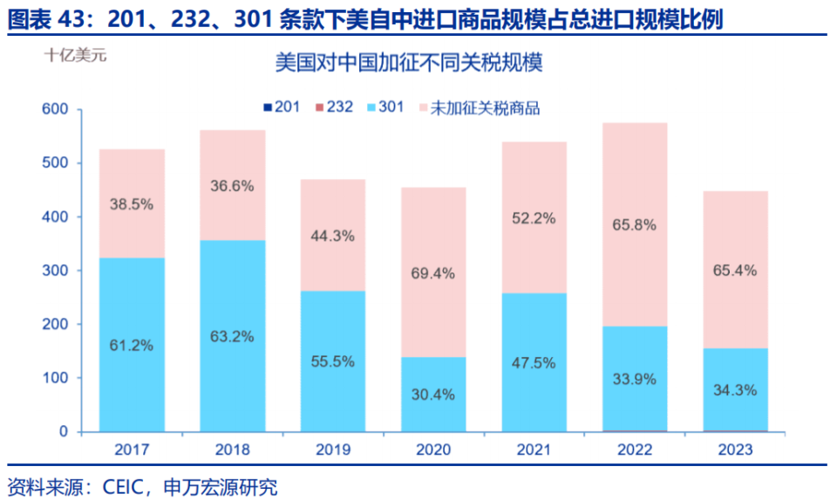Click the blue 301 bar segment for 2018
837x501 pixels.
tap(232, 288)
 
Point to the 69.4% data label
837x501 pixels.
tap(433, 273)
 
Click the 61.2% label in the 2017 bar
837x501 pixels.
tap(132, 345)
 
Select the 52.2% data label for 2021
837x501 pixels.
tap(534, 218)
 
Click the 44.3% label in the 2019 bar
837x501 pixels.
tap(332, 236)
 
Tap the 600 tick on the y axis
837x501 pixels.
tap(55, 110)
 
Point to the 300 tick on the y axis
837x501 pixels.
tap(55, 271)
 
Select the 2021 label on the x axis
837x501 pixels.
tap(534, 450)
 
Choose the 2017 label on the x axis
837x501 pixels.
tap(132, 450)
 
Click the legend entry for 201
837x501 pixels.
tap(281, 107)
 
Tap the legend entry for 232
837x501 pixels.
tap(334, 107)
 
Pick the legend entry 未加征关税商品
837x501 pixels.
tap(479, 107)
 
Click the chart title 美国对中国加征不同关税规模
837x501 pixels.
tap(409, 64)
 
